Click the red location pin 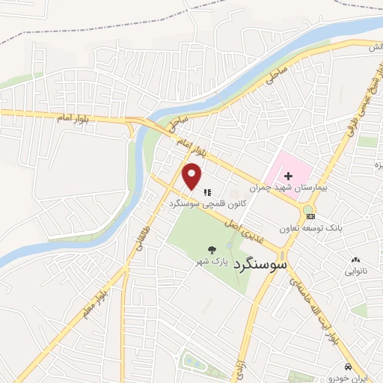192,177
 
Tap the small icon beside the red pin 207,192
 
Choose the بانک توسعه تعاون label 308,227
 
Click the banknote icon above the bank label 311,216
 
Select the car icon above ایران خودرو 349,367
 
